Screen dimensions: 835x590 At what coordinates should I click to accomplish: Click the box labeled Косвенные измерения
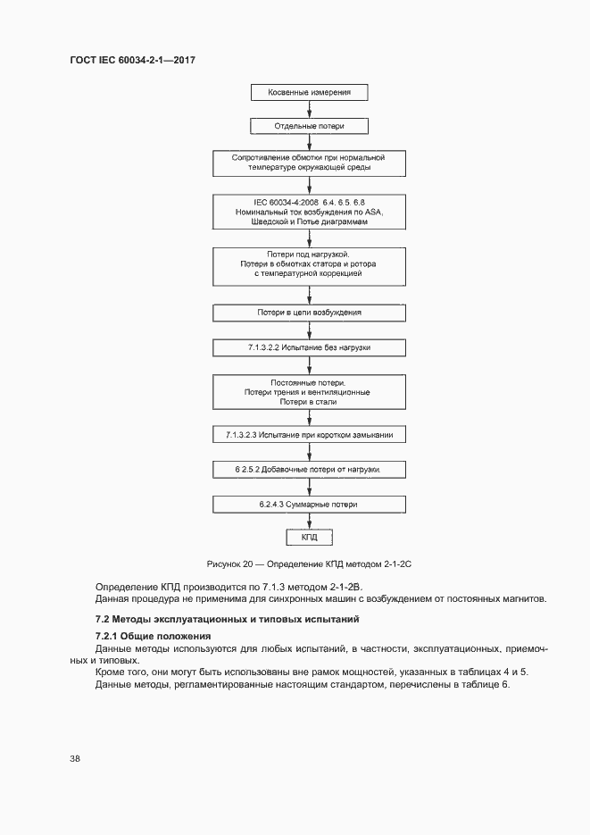pyautogui.click(x=309, y=92)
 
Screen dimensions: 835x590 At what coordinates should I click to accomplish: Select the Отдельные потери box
pyautogui.click(x=309, y=126)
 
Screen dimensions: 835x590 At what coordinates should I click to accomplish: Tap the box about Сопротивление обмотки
pyautogui.click(x=309, y=163)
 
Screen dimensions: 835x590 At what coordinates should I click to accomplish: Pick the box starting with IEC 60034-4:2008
pyautogui.click(x=309, y=213)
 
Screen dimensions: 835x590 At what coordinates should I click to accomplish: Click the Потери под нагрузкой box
pyautogui.click(x=309, y=265)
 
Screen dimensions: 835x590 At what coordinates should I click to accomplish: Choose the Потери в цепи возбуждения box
pyautogui.click(x=309, y=313)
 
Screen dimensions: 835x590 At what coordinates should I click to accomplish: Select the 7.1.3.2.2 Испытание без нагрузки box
pyautogui.click(x=309, y=347)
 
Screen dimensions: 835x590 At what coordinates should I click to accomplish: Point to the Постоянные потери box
pyautogui.click(x=309, y=392)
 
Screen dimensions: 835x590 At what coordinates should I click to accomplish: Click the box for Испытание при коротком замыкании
pyautogui.click(x=309, y=436)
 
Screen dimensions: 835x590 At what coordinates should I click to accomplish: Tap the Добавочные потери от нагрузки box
pyautogui.click(x=309, y=469)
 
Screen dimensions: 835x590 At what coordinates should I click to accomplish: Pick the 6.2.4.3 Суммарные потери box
pyautogui.click(x=309, y=505)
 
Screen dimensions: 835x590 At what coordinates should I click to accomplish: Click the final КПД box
pyautogui.click(x=309, y=537)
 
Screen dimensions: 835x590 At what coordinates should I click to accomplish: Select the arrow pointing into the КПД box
pyautogui.click(x=309, y=522)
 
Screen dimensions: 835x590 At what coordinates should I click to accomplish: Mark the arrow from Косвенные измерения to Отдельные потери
pyautogui.click(x=309, y=109)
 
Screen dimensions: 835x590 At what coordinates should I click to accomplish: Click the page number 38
pyautogui.click(x=75, y=758)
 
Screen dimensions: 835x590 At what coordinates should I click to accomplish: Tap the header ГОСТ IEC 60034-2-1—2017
pyautogui.click(x=131, y=60)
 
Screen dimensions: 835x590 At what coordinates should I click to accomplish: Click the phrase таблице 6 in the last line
pyautogui.click(x=483, y=683)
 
